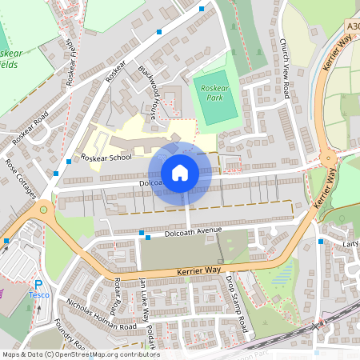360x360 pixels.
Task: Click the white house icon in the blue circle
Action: pyautogui.click(x=180, y=172)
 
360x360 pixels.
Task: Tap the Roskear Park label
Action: pyautogui.click(x=215, y=91)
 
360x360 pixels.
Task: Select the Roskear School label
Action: pyautogui.click(x=106, y=158)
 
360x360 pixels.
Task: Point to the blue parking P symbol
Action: pyautogui.click(x=38, y=284)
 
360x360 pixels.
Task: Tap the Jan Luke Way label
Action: pyautogui.click(x=143, y=299)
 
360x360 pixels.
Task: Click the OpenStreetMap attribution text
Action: pyautogui.click(x=80, y=354)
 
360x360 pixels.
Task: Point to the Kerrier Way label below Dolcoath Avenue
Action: pyautogui.click(x=192, y=272)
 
